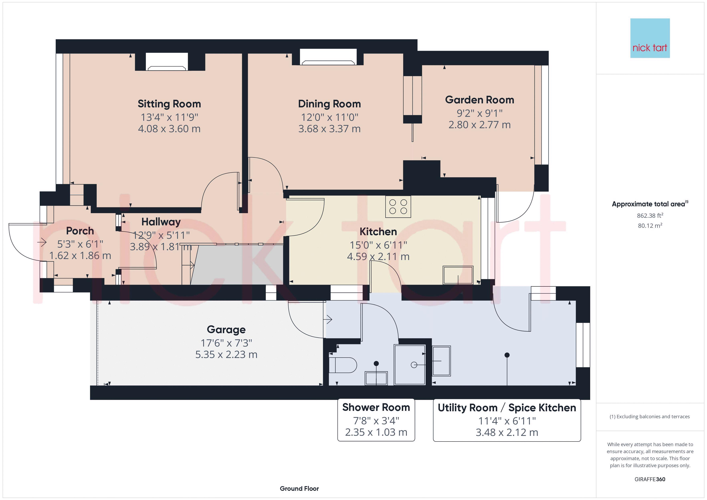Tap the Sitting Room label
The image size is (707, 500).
pos(169,104)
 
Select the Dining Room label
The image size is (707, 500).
pos(329,104)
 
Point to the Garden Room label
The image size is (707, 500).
pos(479,100)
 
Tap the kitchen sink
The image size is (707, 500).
pos(458,275)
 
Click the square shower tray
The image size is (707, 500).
pos(410,365)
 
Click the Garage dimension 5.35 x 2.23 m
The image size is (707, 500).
pos(226,355)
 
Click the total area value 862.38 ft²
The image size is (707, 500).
pos(650,216)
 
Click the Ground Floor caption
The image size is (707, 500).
pos(299,489)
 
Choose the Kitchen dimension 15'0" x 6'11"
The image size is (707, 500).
pos(378,245)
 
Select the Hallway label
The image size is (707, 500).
pos(161,222)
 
